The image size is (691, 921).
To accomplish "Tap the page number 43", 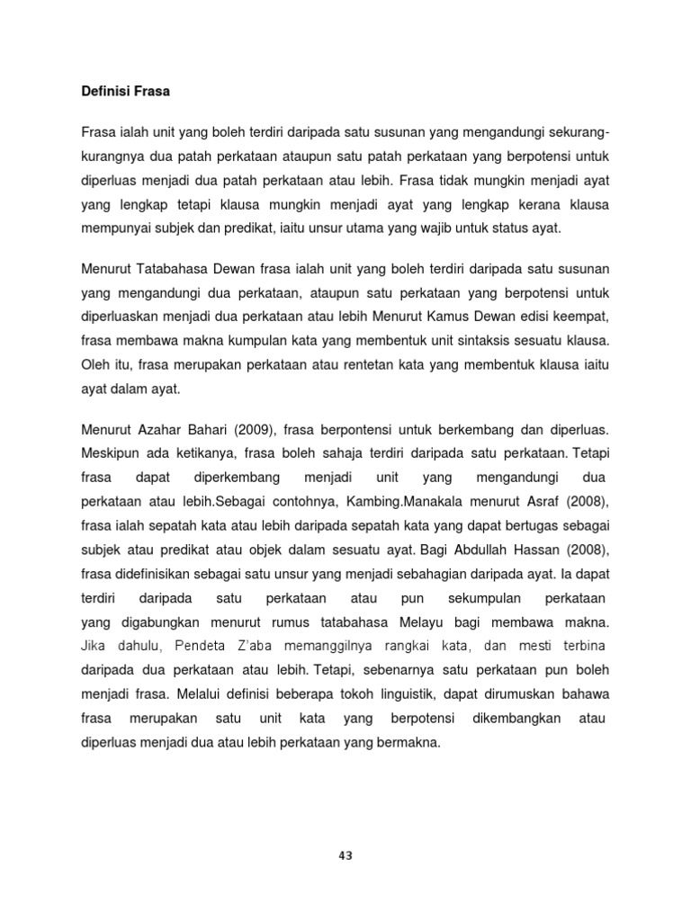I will tap(345, 855).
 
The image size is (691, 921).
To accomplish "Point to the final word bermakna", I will tap(410, 742).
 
